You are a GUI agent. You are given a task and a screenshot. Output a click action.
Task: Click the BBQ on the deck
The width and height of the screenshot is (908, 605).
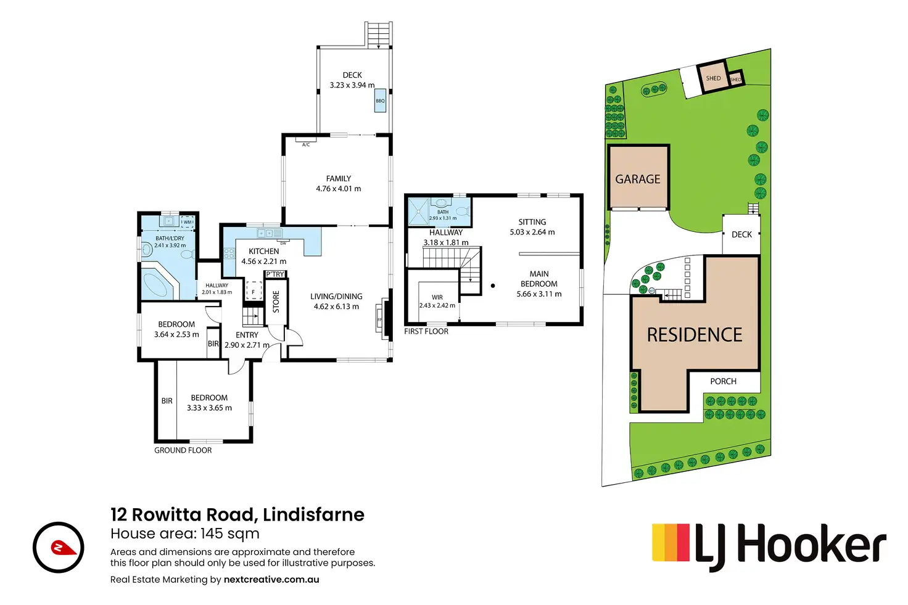click(x=380, y=101)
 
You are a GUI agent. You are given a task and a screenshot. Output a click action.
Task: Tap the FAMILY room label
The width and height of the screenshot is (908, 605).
click(x=338, y=179)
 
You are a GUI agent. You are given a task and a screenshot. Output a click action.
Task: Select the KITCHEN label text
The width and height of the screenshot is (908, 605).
click(x=263, y=251)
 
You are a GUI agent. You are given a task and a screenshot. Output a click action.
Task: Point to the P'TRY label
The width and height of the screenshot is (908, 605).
click(x=275, y=274)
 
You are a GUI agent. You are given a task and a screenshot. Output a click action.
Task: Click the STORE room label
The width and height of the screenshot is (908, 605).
click(x=276, y=302)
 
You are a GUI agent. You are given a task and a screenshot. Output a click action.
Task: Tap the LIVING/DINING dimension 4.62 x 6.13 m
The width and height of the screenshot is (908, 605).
click(x=336, y=307)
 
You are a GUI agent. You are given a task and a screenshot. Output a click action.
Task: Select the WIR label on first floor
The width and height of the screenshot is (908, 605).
click(x=437, y=297)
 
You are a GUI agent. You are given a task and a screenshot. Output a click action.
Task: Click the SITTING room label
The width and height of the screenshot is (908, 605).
click(x=532, y=222)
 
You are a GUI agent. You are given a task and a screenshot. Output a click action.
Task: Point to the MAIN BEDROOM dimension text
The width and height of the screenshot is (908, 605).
click(x=539, y=294)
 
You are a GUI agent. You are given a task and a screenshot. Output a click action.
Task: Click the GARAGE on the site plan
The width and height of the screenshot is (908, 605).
click(x=638, y=179)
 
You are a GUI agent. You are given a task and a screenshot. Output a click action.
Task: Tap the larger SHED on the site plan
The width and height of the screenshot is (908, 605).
click(x=713, y=78)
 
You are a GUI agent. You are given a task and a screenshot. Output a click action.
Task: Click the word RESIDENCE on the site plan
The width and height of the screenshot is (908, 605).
click(x=695, y=335)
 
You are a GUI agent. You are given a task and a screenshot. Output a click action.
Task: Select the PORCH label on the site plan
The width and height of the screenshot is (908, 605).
click(x=723, y=381)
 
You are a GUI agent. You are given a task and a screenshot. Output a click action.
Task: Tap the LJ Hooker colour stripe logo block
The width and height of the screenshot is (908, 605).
click(x=671, y=543)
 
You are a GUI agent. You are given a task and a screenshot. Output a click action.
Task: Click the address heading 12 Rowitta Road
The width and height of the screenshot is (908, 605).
click(x=237, y=514)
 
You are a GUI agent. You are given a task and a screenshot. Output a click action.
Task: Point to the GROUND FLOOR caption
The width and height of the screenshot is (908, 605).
click(x=183, y=450)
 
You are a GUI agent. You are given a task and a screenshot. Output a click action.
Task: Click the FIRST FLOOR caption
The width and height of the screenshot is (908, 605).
click(x=426, y=331)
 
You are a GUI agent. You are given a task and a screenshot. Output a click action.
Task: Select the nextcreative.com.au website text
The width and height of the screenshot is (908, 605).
click(x=271, y=580)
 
